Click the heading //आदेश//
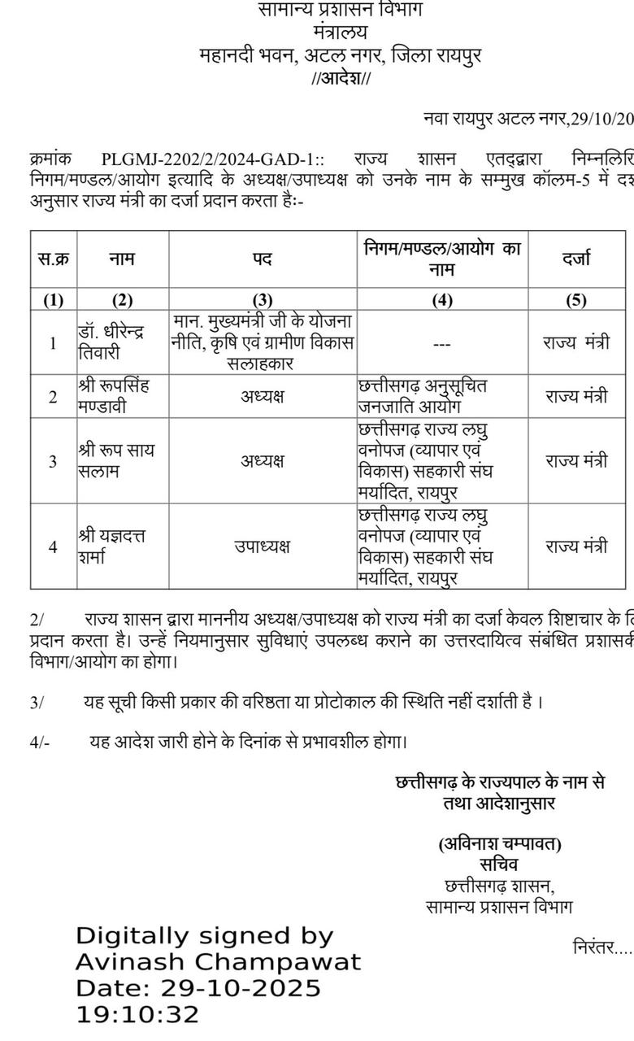click(341, 79)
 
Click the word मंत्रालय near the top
click(340, 33)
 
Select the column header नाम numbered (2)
click(122, 259)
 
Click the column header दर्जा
click(575, 259)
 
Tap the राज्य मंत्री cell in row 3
click(575, 460)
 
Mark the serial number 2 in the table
click(53, 397)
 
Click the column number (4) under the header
click(441, 299)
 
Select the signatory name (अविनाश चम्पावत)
click(499, 844)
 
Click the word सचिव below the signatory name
click(499, 865)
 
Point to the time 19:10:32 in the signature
click(137, 1015)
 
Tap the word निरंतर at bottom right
click(598, 947)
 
